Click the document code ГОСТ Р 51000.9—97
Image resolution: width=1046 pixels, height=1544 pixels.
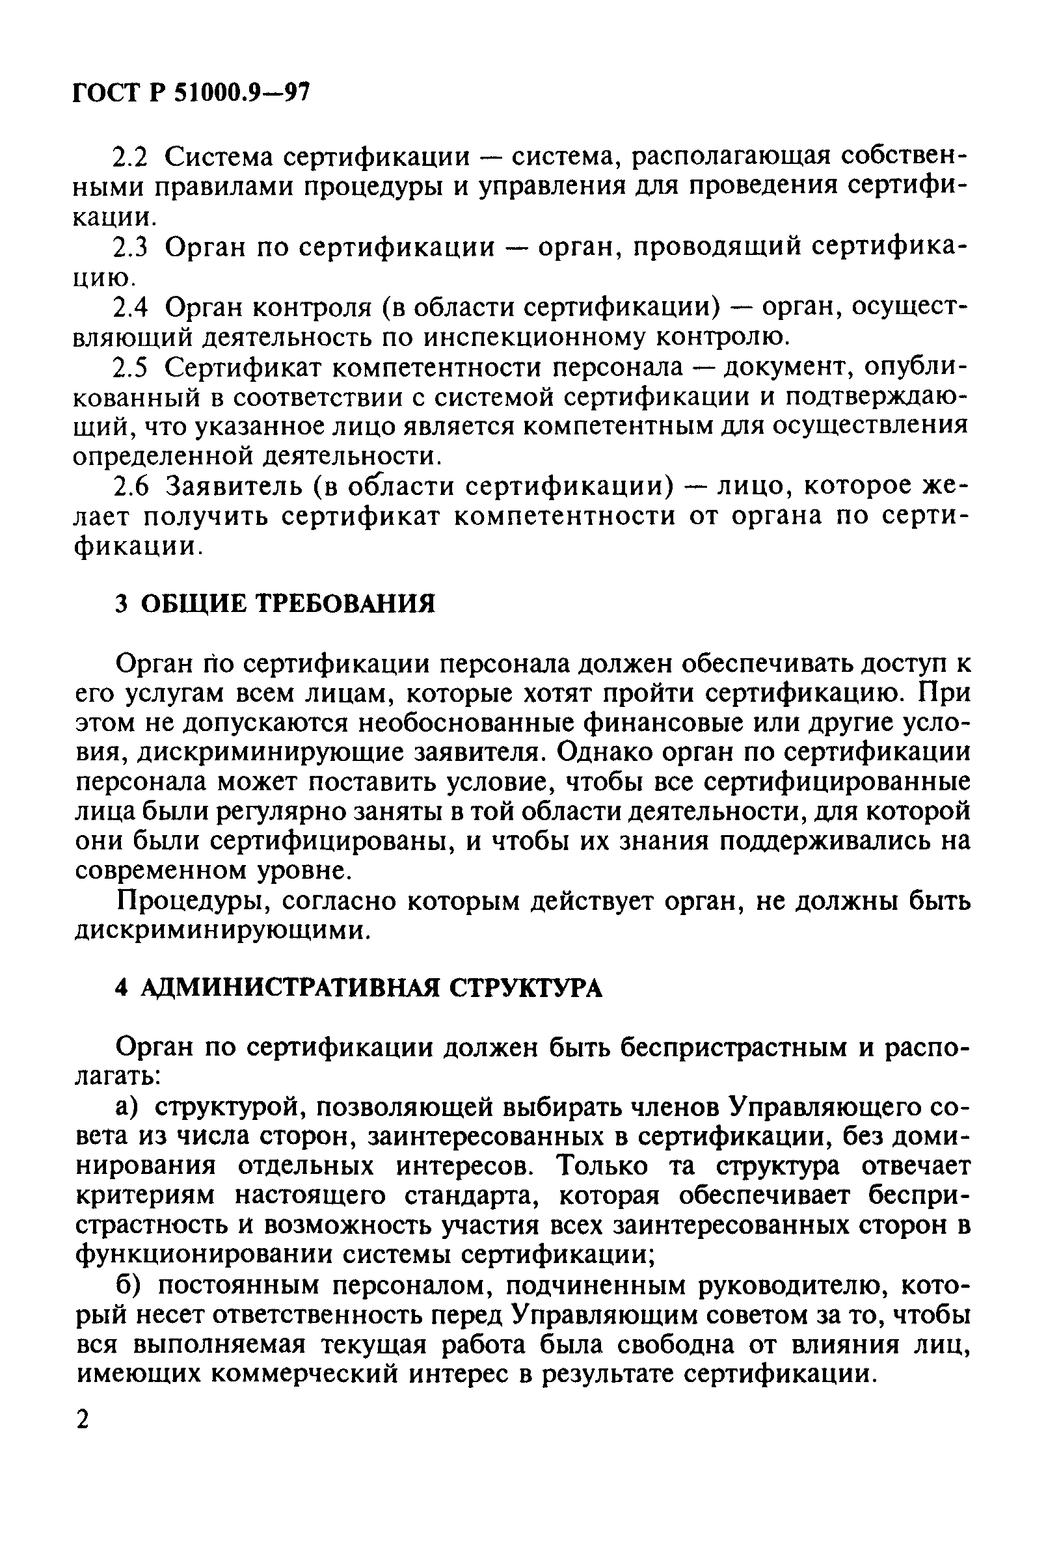click(x=191, y=92)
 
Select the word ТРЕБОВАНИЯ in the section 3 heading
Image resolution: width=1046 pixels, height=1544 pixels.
click(x=345, y=604)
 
